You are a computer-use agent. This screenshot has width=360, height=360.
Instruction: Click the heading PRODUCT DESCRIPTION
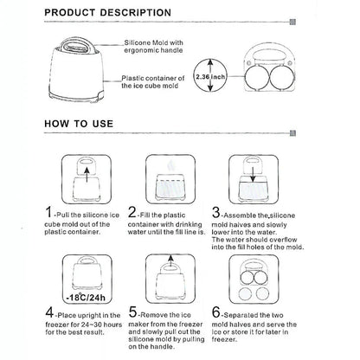108,13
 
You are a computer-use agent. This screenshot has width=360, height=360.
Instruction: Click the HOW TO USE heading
79,124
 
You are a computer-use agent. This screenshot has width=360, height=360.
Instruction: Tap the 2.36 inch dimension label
210,77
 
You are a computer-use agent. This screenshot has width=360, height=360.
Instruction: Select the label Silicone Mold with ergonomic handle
153,47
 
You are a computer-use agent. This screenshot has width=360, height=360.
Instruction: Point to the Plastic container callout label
153,82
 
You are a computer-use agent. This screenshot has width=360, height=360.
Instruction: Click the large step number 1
49,212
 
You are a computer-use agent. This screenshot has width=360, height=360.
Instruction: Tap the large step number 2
132,212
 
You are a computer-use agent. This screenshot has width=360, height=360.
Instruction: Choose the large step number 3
215,213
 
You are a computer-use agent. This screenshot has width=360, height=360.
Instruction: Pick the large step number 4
49,312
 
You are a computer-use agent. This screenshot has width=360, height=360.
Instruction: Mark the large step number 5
132,312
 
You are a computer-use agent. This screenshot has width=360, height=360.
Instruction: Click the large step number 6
216,312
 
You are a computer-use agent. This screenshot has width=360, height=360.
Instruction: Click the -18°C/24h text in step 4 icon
86,297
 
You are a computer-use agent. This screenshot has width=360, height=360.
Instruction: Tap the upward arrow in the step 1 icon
87,175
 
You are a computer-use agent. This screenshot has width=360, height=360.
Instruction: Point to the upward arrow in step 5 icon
170,261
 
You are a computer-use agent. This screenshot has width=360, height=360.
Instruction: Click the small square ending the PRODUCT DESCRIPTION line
292,22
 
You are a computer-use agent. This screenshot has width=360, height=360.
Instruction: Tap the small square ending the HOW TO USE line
292,133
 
